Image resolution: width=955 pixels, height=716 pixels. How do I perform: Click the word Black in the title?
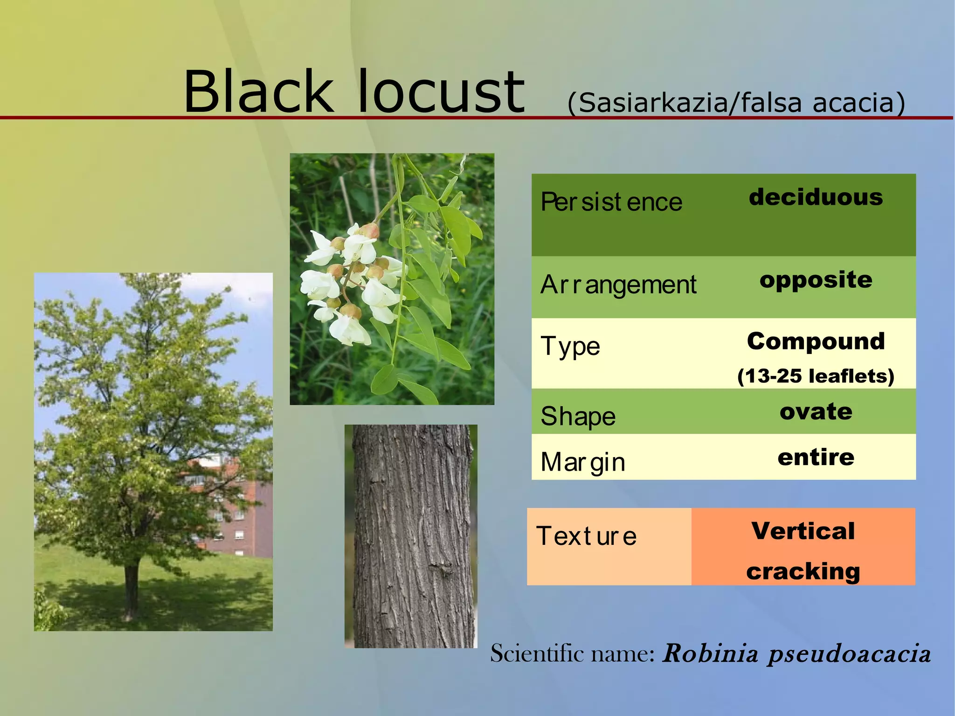[x=259, y=92]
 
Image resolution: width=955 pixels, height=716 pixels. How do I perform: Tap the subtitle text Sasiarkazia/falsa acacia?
[x=736, y=103]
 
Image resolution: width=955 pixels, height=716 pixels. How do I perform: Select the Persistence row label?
[x=611, y=202]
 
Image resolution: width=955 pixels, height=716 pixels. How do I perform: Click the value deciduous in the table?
[x=816, y=197]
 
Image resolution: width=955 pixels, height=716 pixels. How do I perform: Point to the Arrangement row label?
[x=618, y=285]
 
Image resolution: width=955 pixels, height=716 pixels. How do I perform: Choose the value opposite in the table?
[x=816, y=280]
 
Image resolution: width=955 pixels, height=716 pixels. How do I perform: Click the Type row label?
[x=570, y=346]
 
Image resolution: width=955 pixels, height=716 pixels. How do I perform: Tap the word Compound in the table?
[x=816, y=341]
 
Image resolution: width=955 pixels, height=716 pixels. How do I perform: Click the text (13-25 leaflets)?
[x=816, y=376]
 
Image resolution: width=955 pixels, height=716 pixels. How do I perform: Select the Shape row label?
[x=578, y=416]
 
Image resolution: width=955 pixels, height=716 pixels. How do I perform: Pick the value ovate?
[x=816, y=411]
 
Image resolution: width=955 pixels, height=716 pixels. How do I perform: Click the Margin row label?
[x=582, y=462]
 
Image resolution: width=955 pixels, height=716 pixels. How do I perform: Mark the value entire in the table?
[x=816, y=457]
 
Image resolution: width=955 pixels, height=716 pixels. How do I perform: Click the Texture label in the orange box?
[x=586, y=536]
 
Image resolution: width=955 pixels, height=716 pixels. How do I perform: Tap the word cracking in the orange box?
[x=803, y=571]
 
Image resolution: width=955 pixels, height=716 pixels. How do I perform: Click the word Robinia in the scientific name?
[x=710, y=653]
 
